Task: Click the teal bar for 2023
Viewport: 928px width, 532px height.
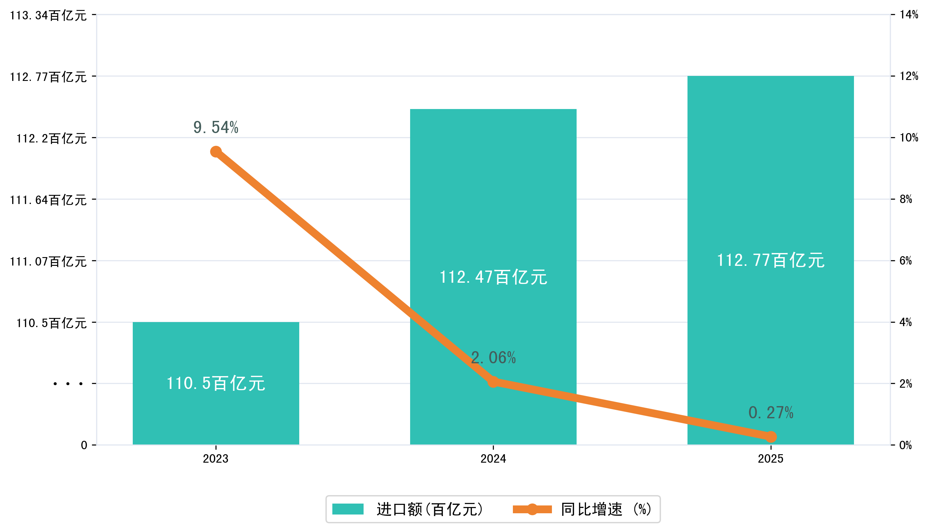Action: click(x=216, y=351)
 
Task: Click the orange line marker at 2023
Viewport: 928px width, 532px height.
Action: click(x=216, y=152)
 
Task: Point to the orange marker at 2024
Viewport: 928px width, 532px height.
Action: click(x=493, y=382)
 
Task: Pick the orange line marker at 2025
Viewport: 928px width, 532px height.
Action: click(x=771, y=437)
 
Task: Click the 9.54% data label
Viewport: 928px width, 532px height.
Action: click(x=216, y=127)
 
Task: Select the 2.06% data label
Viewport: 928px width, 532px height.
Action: click(x=493, y=358)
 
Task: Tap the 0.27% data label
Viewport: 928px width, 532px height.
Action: click(x=771, y=413)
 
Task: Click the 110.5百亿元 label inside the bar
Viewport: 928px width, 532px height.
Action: click(x=216, y=383)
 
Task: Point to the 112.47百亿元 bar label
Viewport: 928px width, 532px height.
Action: click(x=493, y=277)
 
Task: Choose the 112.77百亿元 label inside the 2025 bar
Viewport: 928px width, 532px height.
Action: click(x=771, y=260)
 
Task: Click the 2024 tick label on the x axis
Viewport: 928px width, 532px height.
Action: click(x=493, y=459)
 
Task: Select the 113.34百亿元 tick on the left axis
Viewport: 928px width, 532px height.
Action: click(x=48, y=15)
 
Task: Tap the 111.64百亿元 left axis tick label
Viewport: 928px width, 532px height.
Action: click(x=48, y=200)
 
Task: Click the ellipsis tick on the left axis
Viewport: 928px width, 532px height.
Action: click(x=68, y=384)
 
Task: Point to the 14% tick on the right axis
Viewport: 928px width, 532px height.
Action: click(x=909, y=15)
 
